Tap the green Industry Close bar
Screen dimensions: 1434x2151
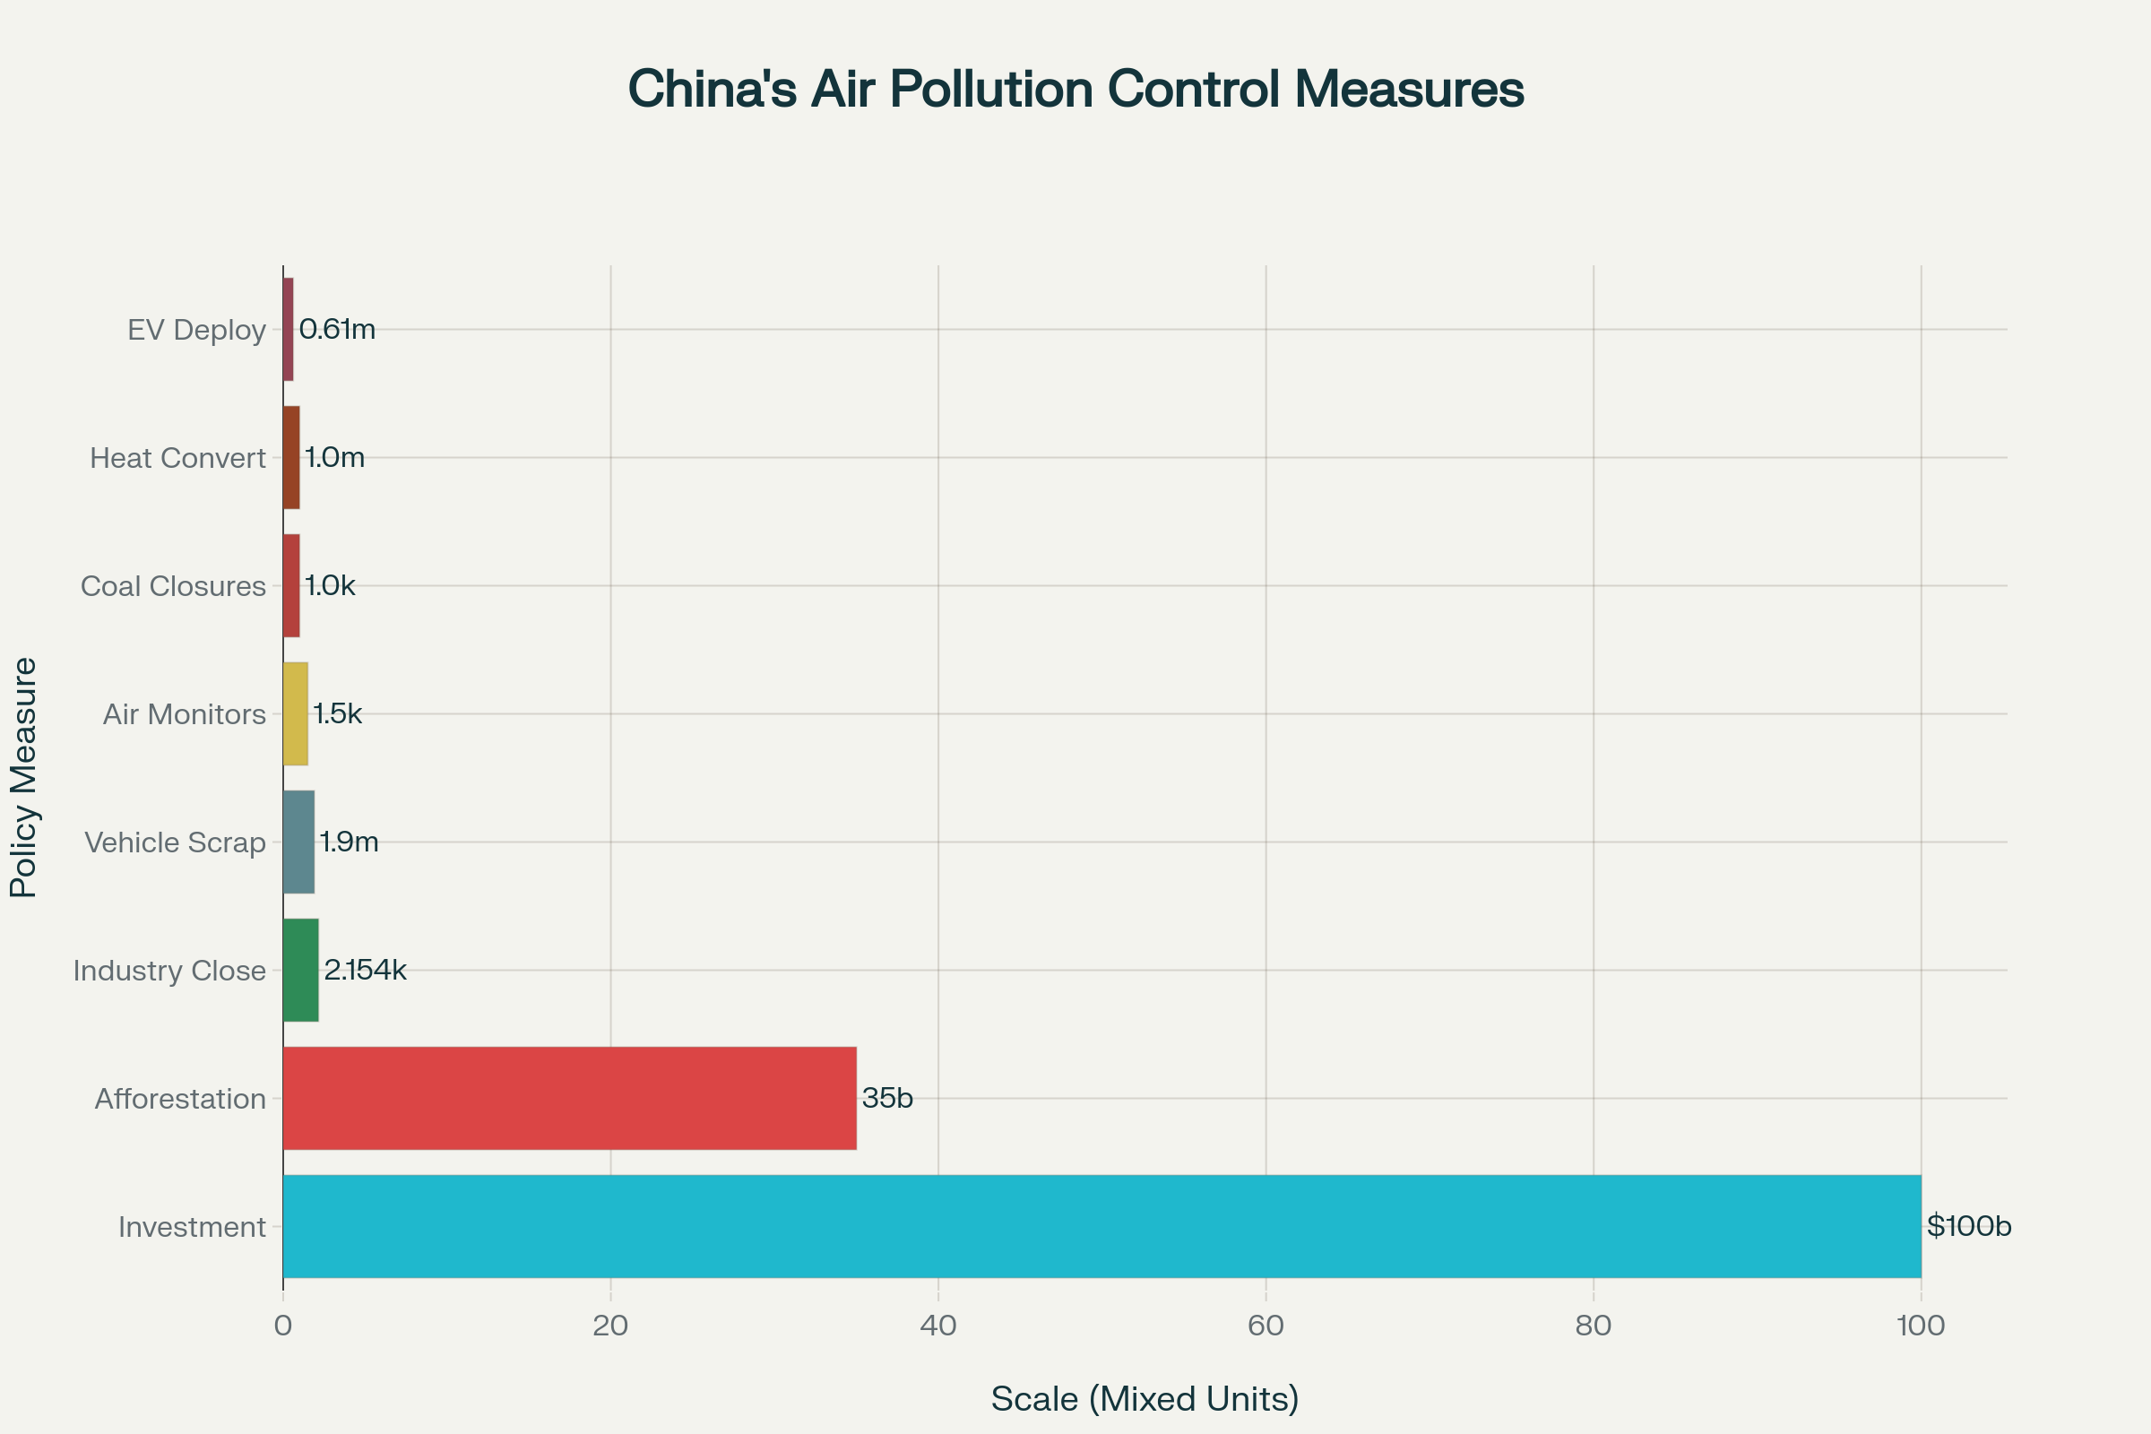300,970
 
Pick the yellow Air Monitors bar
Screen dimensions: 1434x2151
296,713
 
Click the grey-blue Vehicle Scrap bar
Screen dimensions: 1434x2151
298,842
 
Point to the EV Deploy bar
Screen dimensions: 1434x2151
288,329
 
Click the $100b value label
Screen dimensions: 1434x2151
1968,1225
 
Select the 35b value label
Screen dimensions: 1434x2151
887,1097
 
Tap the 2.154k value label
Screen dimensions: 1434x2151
365,970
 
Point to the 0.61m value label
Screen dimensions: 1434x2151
337,329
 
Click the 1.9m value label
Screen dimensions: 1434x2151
349,842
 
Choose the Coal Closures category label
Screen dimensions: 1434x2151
173,586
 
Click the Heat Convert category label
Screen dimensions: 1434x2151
177,458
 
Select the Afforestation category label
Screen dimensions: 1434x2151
180,1099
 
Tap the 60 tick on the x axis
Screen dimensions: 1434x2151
1266,1326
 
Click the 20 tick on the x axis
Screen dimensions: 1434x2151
610,1326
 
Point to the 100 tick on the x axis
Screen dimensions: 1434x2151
1921,1326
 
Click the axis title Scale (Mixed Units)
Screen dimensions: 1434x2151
1145,1398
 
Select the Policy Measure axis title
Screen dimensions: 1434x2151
24,777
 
